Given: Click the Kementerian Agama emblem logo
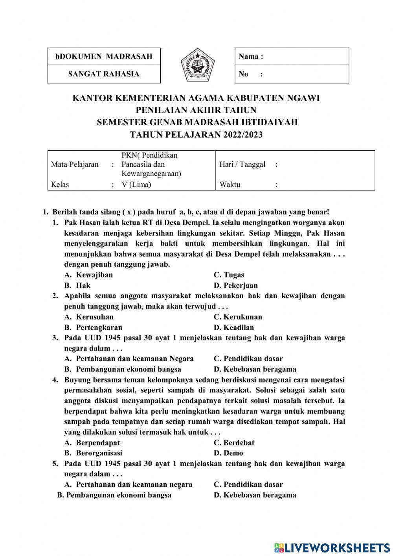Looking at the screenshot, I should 198,65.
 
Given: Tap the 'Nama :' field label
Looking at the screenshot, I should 251,56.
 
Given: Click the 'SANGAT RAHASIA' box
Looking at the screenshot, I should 104,74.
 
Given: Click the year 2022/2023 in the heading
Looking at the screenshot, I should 243,135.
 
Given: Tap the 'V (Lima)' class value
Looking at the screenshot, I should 136,184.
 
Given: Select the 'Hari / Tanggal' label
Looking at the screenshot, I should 242,164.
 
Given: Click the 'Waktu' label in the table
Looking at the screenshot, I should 230,184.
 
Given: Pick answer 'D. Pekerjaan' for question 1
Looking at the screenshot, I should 235,285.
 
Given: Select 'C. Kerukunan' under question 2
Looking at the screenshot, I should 238,317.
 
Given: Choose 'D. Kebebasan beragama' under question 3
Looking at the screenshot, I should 255,369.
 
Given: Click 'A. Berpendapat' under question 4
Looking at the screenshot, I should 92,442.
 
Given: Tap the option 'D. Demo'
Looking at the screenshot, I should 228,453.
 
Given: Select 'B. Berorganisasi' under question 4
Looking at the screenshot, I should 93,453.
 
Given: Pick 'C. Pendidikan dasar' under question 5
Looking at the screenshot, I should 248,484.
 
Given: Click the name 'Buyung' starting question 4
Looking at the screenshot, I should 76,380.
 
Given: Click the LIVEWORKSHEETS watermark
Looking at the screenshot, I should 332,548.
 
